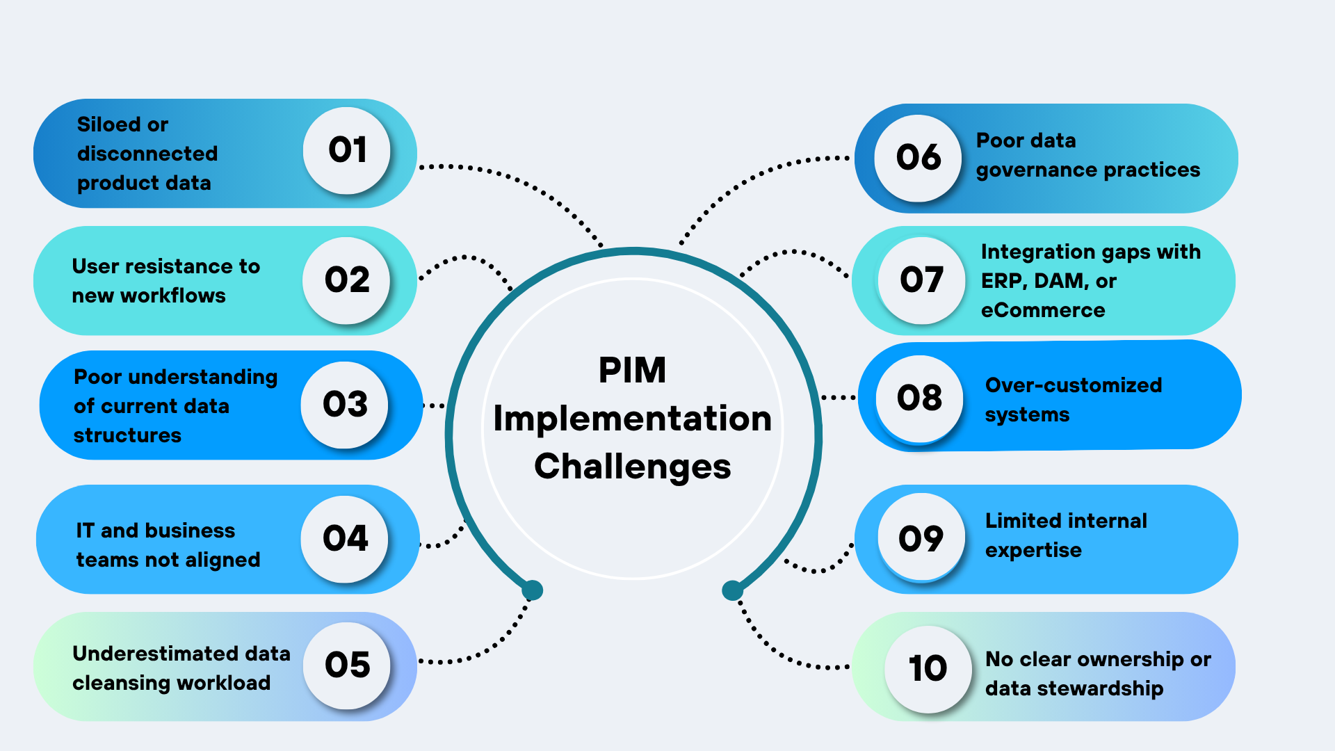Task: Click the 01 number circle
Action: pyautogui.click(x=346, y=150)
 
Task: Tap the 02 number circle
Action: pyautogui.click(x=346, y=280)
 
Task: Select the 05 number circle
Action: pyautogui.click(x=346, y=665)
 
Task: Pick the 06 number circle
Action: pyautogui.click(x=918, y=158)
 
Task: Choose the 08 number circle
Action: pyautogui.click(x=919, y=398)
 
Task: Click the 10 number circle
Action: pyautogui.click(x=928, y=669)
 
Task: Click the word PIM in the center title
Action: pyautogui.click(x=632, y=370)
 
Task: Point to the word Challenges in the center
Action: pyautogui.click(x=632, y=467)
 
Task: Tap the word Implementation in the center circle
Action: pyautogui.click(x=632, y=419)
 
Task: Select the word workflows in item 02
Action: pyautogui.click(x=172, y=296)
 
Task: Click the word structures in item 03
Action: pyautogui.click(x=127, y=435)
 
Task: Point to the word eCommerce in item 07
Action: pyautogui.click(x=1042, y=310)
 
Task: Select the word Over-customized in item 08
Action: pyautogui.click(x=1073, y=385)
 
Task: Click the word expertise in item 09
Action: pyautogui.click(x=1033, y=550)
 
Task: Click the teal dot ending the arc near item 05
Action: pyautogui.click(x=533, y=590)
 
